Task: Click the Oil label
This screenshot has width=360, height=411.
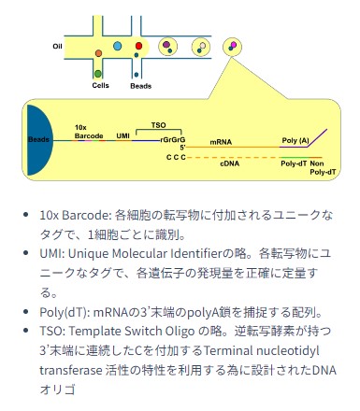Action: tap(57, 47)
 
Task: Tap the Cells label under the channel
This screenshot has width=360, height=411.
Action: tap(100, 85)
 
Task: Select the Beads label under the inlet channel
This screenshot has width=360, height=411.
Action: tap(140, 86)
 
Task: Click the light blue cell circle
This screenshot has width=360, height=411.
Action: tap(117, 46)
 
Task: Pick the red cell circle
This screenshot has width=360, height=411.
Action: tap(138, 46)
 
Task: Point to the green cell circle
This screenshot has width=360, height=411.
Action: tap(98, 74)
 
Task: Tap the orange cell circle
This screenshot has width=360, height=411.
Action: tap(98, 53)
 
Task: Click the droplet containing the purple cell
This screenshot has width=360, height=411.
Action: tap(168, 47)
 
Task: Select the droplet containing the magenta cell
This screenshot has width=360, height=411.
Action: tap(232, 47)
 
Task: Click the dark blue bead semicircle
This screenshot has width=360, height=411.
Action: tap(39, 140)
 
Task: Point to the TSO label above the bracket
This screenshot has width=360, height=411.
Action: tap(158, 125)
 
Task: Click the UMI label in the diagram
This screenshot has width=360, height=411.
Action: tap(122, 136)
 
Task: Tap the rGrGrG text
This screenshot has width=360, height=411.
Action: tap(173, 140)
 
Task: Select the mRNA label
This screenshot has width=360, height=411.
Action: tap(221, 142)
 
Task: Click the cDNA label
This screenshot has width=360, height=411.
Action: tap(229, 163)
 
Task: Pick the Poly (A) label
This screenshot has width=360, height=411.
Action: tap(295, 140)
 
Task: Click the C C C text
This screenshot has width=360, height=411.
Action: tap(176, 157)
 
